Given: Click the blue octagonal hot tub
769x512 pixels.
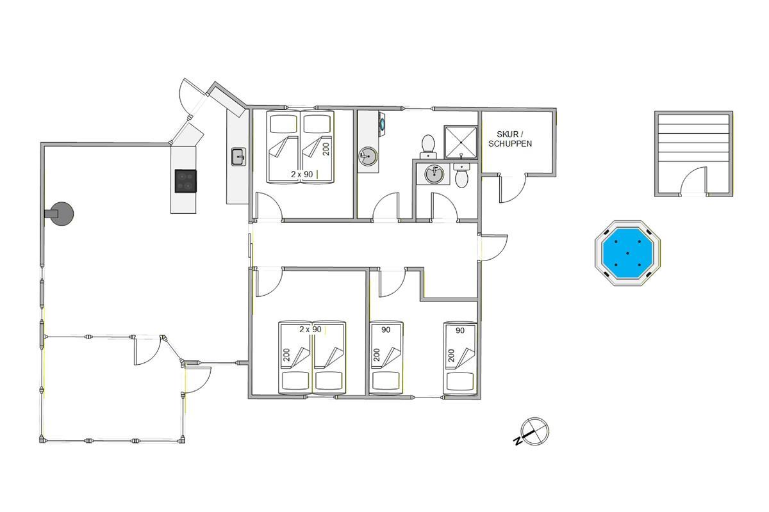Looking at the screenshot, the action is point(627,253).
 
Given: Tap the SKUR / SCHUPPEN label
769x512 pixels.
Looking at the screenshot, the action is point(510,139).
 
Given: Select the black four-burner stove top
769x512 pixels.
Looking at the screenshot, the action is point(186,180).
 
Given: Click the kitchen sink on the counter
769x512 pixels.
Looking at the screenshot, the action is point(238,157).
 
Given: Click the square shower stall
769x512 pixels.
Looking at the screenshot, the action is point(461,142).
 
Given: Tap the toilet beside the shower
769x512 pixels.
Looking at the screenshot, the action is point(428,147).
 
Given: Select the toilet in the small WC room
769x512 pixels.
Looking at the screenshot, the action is point(461,175).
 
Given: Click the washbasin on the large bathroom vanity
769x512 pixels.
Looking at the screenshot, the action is point(368,156).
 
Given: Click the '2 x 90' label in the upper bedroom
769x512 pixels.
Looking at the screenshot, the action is point(302,174).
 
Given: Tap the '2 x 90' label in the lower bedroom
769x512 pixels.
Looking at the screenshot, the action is point(310,329).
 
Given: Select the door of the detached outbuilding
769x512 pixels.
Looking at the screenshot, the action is point(693,180).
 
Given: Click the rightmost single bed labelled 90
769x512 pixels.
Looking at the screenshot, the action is point(459,358).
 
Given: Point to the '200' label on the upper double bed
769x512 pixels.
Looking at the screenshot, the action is point(326,149).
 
